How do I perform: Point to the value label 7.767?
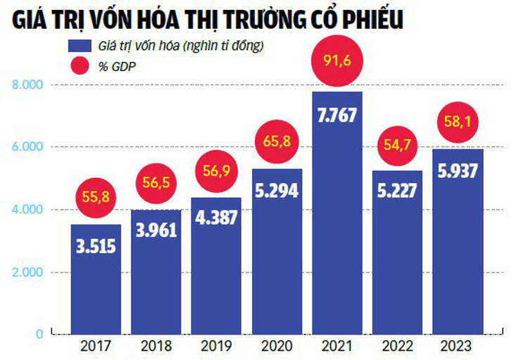[337, 118]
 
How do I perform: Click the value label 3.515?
[95, 247]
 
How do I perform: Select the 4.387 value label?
[216, 218]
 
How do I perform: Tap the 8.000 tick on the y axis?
[28, 85]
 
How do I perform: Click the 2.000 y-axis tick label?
[28, 272]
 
